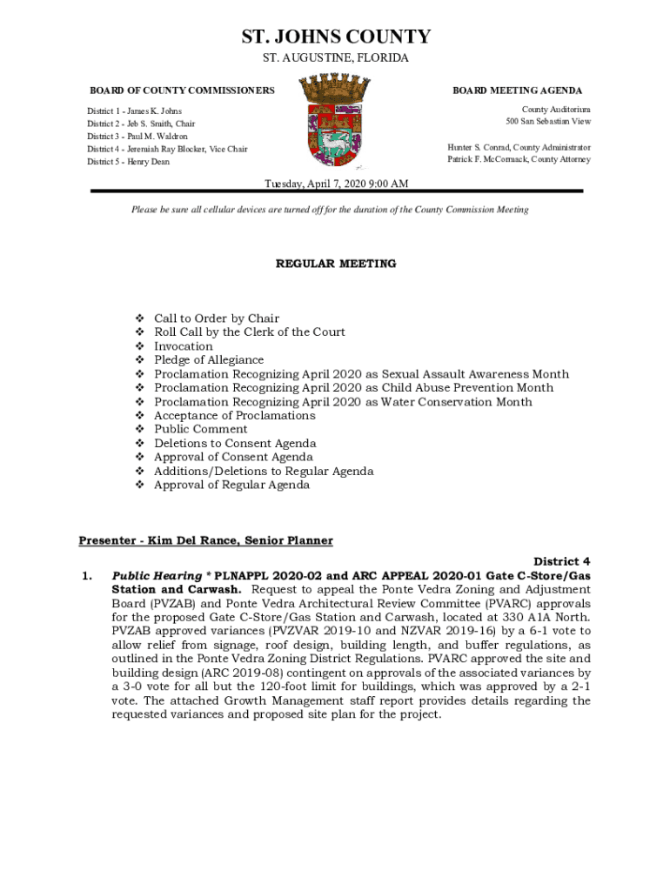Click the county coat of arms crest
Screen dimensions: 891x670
coord(335,121)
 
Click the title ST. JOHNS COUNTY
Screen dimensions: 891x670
coord(335,37)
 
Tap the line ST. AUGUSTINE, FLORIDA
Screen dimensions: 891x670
coord(335,58)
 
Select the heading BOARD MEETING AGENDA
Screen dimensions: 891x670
coord(517,90)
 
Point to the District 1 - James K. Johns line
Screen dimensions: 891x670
coord(134,111)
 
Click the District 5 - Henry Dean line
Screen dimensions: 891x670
coord(128,162)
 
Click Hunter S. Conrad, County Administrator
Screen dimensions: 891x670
coord(519,148)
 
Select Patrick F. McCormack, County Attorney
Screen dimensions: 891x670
coord(519,160)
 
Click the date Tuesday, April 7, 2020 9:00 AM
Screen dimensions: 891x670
coord(336,184)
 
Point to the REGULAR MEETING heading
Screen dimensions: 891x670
coord(336,264)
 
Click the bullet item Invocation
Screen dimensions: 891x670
coord(183,346)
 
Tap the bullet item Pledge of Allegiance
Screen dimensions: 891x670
coord(209,360)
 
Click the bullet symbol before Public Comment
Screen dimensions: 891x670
coord(139,430)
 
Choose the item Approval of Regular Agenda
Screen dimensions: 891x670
coord(231,486)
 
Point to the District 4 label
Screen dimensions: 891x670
coord(561,562)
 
